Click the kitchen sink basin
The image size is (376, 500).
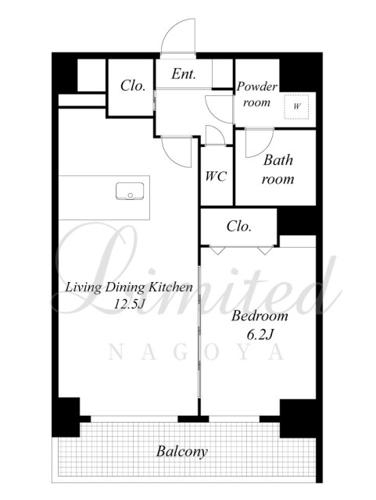pos(130,191)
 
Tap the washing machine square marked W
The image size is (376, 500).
pos(296,106)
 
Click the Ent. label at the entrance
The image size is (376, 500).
pos(184,74)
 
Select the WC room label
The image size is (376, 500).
pos(216,176)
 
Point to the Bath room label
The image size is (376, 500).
pos(278,170)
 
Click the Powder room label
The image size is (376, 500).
pos(257,95)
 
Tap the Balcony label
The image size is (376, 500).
pos(182,452)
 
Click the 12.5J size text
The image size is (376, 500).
pos(130,304)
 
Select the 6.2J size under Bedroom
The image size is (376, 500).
pos(260,334)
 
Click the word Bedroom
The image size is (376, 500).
pos(260,316)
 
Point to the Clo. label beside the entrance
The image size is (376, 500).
pos(133,85)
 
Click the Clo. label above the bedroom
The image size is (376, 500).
pos(239,226)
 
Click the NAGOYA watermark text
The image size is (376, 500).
pos(196,352)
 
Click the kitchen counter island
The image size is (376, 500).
pos(105,198)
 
